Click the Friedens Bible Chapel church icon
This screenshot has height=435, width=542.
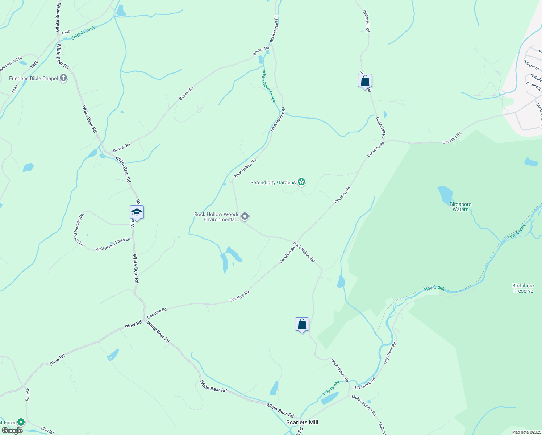tap(63, 78)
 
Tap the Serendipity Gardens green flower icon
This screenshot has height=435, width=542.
tap(301, 182)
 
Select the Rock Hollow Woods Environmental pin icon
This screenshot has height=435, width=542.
tap(245, 217)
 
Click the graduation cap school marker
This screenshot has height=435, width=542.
tap(137, 212)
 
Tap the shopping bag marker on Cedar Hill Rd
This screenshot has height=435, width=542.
tap(365, 80)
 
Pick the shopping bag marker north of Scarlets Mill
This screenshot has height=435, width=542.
tap(302, 324)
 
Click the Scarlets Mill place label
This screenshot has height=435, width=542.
tap(302, 422)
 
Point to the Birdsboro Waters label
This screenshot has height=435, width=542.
tap(460, 207)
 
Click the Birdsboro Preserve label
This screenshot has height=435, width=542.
tap(523, 288)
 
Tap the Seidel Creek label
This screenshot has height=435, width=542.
tap(83, 33)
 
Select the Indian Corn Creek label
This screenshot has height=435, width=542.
tap(269, 86)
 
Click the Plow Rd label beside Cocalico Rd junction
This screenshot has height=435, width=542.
tap(133, 324)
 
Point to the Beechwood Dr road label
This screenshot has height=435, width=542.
tap(11, 64)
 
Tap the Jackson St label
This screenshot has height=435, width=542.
tap(531, 63)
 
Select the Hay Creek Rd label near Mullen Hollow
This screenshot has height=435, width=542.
tap(364, 384)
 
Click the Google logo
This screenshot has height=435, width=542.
tap(12, 431)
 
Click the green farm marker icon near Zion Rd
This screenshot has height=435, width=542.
tap(21, 422)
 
